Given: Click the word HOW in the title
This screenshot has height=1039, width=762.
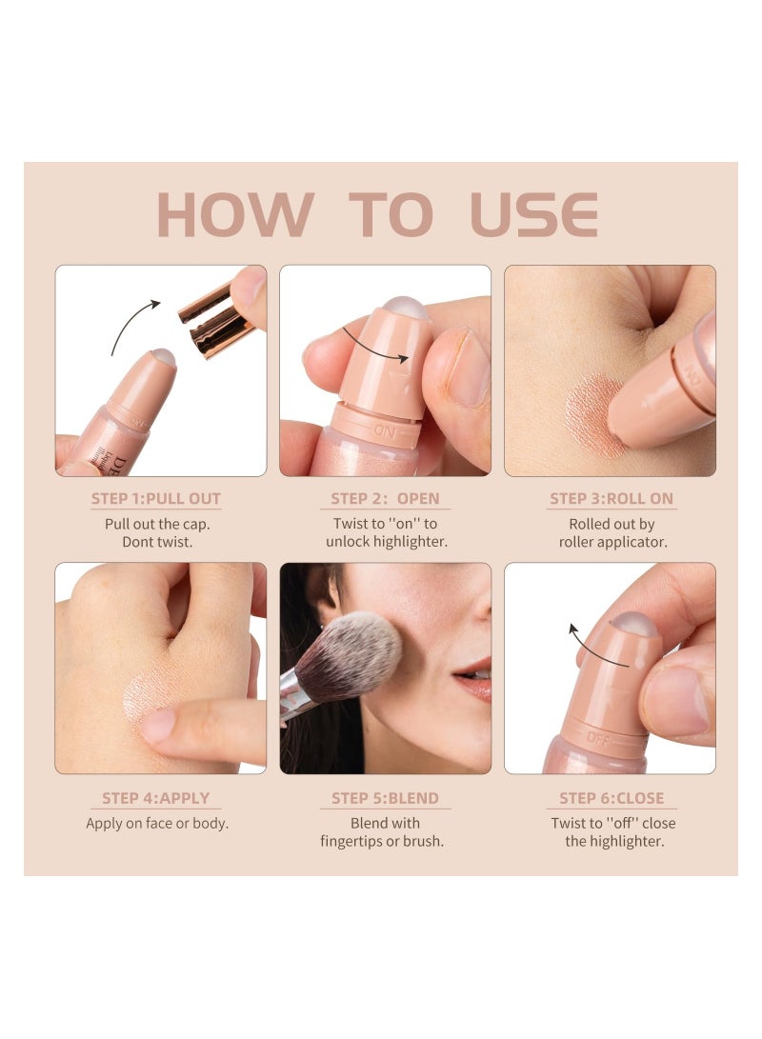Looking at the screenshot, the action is (x=235, y=214).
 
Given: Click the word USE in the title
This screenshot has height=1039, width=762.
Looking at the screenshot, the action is (x=534, y=214).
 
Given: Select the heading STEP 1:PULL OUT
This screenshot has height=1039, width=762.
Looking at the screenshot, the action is (x=155, y=498).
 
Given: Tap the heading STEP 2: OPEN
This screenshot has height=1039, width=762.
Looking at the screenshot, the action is (x=385, y=498).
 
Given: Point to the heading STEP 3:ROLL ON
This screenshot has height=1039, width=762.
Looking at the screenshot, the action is (x=611, y=498).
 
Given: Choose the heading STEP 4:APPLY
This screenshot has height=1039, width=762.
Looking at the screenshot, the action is (x=155, y=798).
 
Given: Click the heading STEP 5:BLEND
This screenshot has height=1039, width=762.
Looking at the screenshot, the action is (x=385, y=798).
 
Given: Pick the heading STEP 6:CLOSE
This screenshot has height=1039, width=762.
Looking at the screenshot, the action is (x=612, y=798).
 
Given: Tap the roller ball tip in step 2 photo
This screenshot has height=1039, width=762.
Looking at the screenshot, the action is (x=405, y=306).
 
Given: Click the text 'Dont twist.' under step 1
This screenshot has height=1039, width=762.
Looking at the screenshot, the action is (x=157, y=541).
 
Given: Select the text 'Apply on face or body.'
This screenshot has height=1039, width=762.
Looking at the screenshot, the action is (x=157, y=823).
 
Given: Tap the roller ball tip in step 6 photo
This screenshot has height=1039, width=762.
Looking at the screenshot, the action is (x=633, y=622).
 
